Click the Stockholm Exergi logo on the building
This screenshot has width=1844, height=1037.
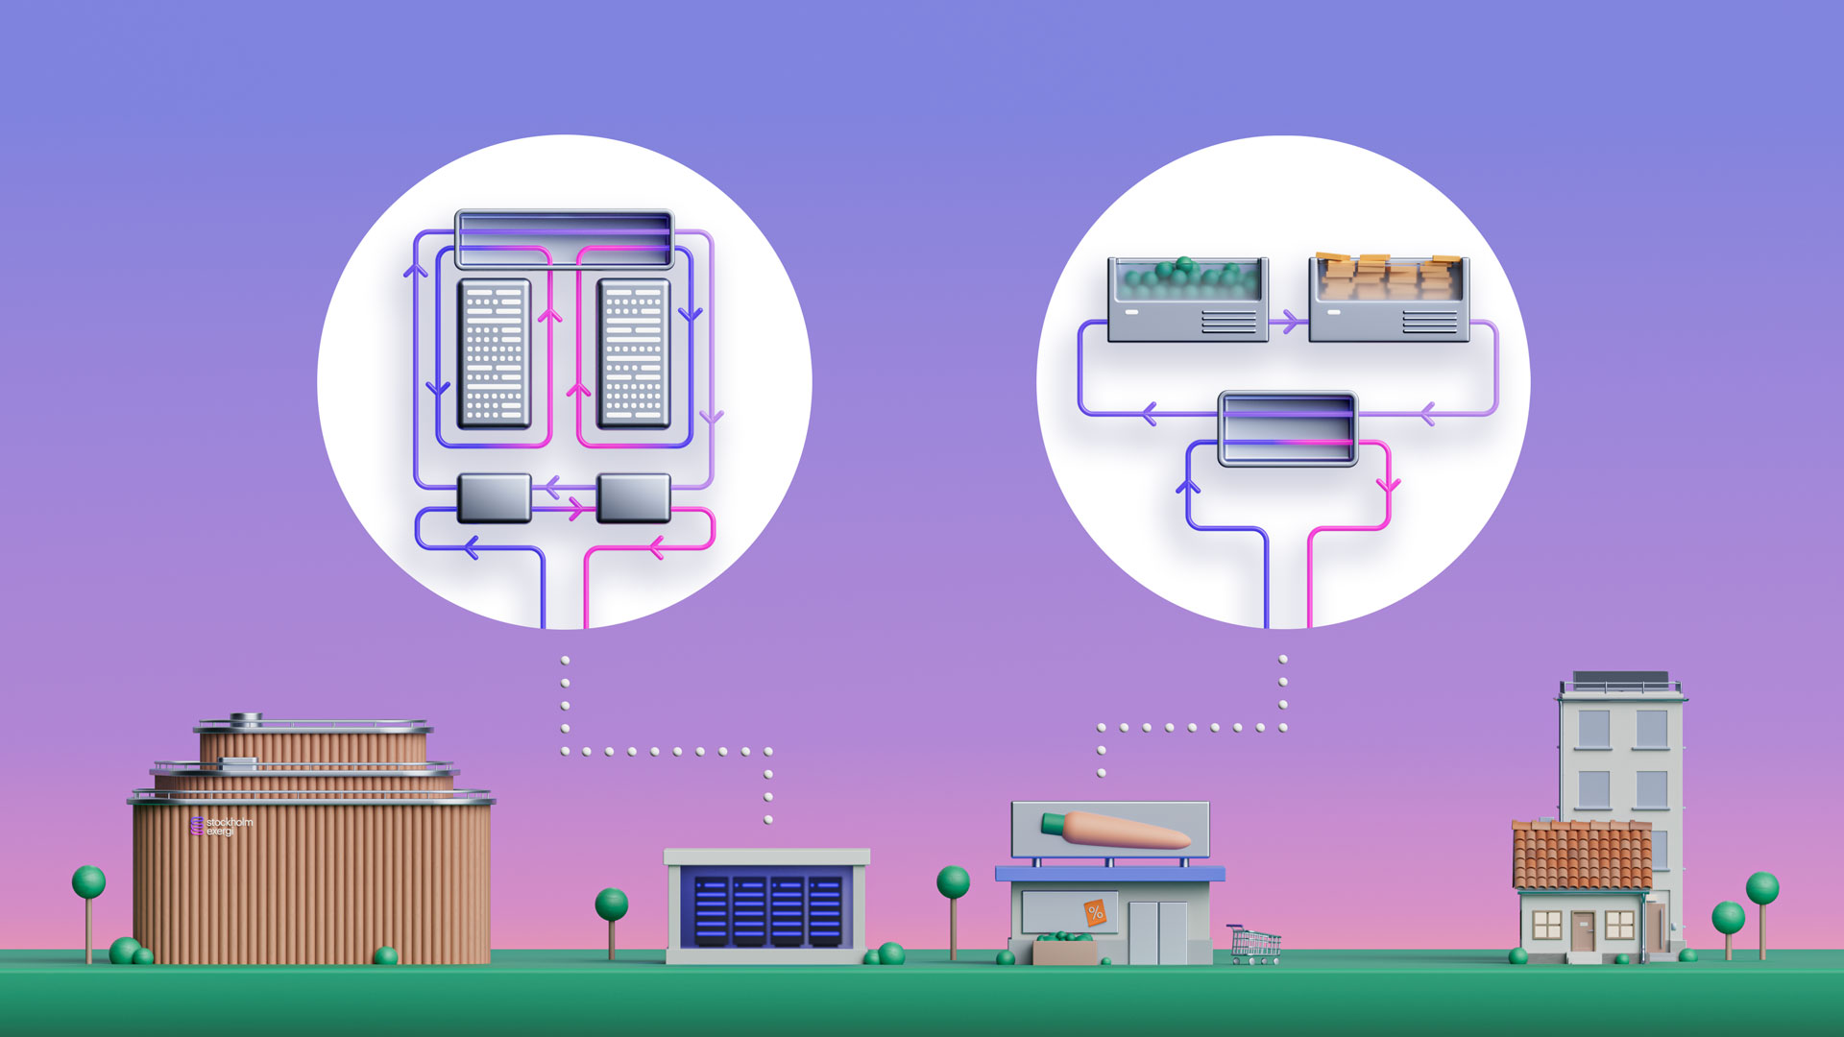221,826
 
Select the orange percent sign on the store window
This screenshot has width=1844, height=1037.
1095,913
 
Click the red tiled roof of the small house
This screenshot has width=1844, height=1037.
1581,855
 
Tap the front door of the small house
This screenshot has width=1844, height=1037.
1582,930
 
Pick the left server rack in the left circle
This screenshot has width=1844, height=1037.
495,353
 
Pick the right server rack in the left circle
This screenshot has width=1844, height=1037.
633,353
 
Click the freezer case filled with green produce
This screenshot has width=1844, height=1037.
1187,299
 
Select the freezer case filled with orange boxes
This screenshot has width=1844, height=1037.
1389,299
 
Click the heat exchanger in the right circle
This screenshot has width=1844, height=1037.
1287,428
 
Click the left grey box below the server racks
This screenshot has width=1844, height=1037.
495,497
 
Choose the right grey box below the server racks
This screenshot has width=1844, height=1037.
633,497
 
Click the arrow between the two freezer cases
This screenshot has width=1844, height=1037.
1288,322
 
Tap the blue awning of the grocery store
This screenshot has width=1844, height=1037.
1109,874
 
